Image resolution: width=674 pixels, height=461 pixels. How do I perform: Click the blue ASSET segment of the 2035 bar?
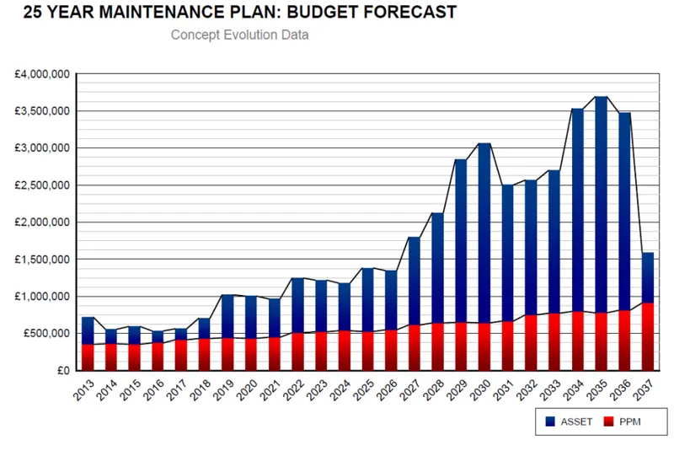(x=601, y=205)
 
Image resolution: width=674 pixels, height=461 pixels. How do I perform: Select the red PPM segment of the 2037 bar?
(x=647, y=337)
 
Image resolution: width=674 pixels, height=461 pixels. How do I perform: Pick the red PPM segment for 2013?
(x=88, y=357)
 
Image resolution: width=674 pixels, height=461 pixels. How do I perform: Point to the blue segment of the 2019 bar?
(x=227, y=317)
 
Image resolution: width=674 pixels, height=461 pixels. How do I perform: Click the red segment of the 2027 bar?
(x=414, y=348)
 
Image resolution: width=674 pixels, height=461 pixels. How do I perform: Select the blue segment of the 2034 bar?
(x=578, y=211)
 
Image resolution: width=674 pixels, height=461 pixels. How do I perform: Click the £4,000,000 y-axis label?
(x=41, y=74)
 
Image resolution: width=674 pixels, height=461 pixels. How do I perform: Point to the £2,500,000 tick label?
(x=41, y=185)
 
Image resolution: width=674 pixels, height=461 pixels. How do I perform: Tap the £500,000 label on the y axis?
(x=46, y=333)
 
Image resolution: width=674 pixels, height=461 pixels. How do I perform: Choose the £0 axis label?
(x=63, y=370)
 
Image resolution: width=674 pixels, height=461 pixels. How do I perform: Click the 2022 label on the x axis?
(x=295, y=389)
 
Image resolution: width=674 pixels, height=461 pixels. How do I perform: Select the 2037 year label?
(x=645, y=389)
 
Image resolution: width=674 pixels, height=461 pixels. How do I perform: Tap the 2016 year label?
(x=155, y=389)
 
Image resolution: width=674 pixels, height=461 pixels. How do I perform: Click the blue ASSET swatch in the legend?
(x=550, y=421)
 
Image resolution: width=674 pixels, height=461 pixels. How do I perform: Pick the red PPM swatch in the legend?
(x=608, y=421)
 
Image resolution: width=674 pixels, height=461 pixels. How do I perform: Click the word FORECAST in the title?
(x=409, y=12)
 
